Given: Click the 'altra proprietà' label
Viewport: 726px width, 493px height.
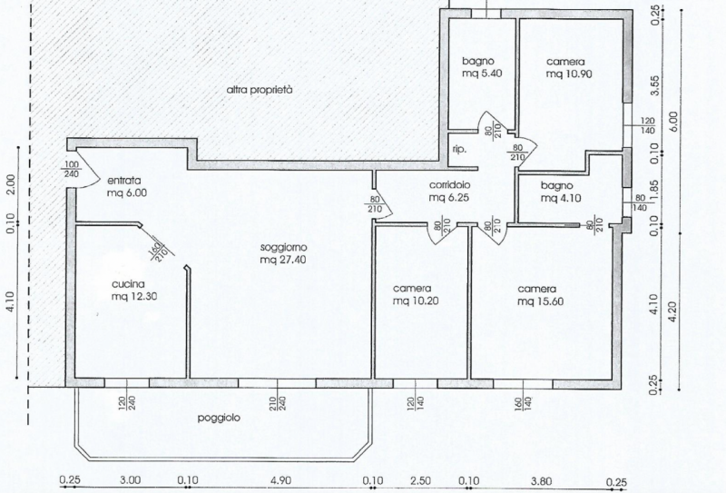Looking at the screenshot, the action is [x=260, y=90].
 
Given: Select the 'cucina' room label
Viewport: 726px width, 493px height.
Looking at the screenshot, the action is [x=128, y=283].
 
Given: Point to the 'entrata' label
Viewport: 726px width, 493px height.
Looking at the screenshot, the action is [x=124, y=181].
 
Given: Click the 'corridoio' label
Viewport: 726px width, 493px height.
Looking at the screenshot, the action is [x=449, y=184].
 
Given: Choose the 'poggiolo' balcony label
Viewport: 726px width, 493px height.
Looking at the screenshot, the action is [x=219, y=418].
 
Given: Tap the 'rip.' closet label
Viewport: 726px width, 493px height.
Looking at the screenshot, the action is [x=459, y=150].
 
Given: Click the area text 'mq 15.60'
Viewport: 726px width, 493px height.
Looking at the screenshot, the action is [x=540, y=301].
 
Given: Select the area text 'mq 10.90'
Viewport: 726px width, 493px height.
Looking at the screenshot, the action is [x=569, y=74].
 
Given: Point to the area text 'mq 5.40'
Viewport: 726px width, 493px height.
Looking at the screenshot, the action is [x=482, y=74].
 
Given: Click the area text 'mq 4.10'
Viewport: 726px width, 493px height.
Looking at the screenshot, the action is [x=561, y=198].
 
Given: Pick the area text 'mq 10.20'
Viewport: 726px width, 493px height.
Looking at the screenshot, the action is [x=416, y=301].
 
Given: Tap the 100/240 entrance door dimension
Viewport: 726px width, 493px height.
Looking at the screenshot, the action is [x=72, y=169].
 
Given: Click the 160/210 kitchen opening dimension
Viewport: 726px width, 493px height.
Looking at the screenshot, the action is [x=158, y=251].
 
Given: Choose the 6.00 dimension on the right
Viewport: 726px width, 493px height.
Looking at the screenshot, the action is [x=673, y=121].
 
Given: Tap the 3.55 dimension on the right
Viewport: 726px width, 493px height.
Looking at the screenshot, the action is [x=655, y=85].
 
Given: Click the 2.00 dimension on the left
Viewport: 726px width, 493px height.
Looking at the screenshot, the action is [x=11, y=184].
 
